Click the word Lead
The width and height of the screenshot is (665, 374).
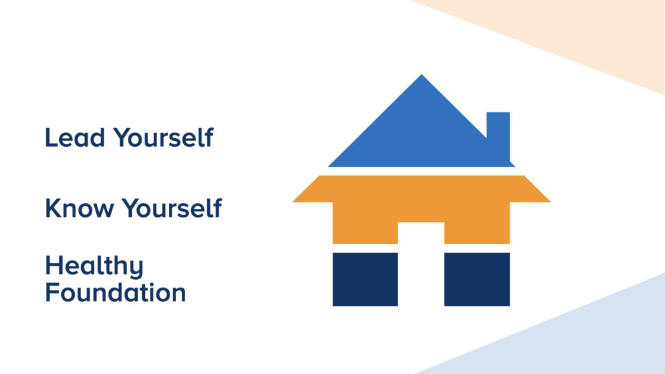point(75,138)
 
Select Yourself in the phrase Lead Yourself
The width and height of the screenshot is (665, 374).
point(163,138)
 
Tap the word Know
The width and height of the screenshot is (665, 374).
point(80,208)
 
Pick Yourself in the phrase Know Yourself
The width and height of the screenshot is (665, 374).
point(172,208)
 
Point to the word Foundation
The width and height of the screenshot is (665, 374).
point(116,293)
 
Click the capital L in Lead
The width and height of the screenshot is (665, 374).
point(51,138)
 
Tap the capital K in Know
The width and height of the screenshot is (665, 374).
point(53,208)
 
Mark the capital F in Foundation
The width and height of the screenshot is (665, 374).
point(52,293)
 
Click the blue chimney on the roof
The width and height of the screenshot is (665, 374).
point(498,136)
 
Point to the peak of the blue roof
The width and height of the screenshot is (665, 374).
point(421,75)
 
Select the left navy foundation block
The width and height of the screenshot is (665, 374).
point(365,279)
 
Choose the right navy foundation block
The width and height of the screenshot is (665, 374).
point(477,279)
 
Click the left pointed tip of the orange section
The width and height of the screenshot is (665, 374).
point(293,202)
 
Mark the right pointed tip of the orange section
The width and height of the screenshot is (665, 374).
point(551,202)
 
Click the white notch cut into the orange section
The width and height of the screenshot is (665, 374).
point(421,233)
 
